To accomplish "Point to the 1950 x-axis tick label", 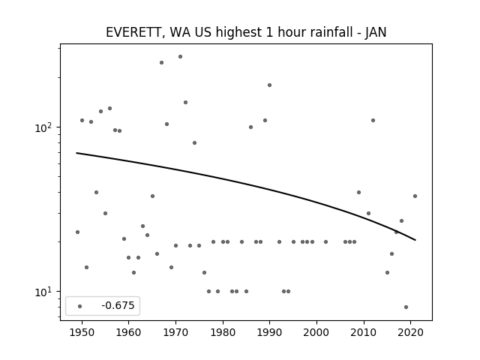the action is (x=82, y=332).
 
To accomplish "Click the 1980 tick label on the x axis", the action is (x=223, y=332).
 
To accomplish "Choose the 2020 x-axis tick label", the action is (x=411, y=332).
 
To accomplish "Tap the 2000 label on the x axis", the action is (x=316, y=332).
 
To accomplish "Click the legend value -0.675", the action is (x=118, y=305).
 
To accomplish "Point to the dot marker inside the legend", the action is (x=80, y=306).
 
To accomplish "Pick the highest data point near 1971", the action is (x=180, y=57).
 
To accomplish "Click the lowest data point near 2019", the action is (x=406, y=307).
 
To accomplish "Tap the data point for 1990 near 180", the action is (x=269, y=85).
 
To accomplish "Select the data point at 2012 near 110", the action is (x=373, y=120).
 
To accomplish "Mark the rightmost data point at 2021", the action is (x=415, y=196).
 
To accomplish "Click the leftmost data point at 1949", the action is (x=77, y=232).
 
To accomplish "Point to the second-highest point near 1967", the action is (x=162, y=62).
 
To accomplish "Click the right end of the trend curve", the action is (x=415, y=240).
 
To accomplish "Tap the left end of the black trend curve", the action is (x=76, y=153).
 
